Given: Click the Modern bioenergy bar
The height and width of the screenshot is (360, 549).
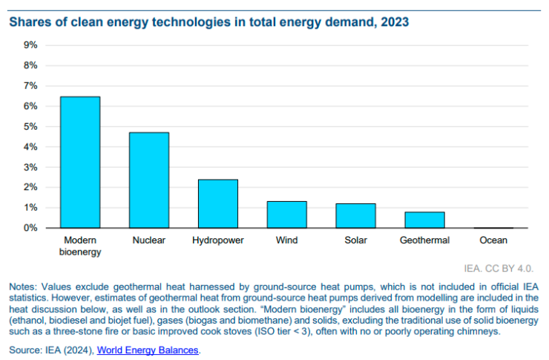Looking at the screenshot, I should [79, 162].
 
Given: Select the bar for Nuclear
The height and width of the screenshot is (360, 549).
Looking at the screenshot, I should [148, 180].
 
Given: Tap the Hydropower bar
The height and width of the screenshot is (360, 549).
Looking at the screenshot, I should [217, 203].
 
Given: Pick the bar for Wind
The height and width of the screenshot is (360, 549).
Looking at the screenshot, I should [286, 214].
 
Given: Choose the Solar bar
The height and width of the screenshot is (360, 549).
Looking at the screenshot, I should [355, 215].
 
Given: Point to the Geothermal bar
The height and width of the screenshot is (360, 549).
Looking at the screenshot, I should [424, 220].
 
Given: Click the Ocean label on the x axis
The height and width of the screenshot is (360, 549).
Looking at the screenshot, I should [493, 240].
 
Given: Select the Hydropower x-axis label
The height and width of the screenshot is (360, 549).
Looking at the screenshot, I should [217, 240].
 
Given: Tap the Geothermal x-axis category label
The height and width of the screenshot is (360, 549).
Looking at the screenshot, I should [424, 240].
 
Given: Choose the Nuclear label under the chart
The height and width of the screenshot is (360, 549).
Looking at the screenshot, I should [148, 240].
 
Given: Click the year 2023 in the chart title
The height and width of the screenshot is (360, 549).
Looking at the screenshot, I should [394, 22].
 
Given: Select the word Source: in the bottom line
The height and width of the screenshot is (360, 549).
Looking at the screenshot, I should [26, 350].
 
